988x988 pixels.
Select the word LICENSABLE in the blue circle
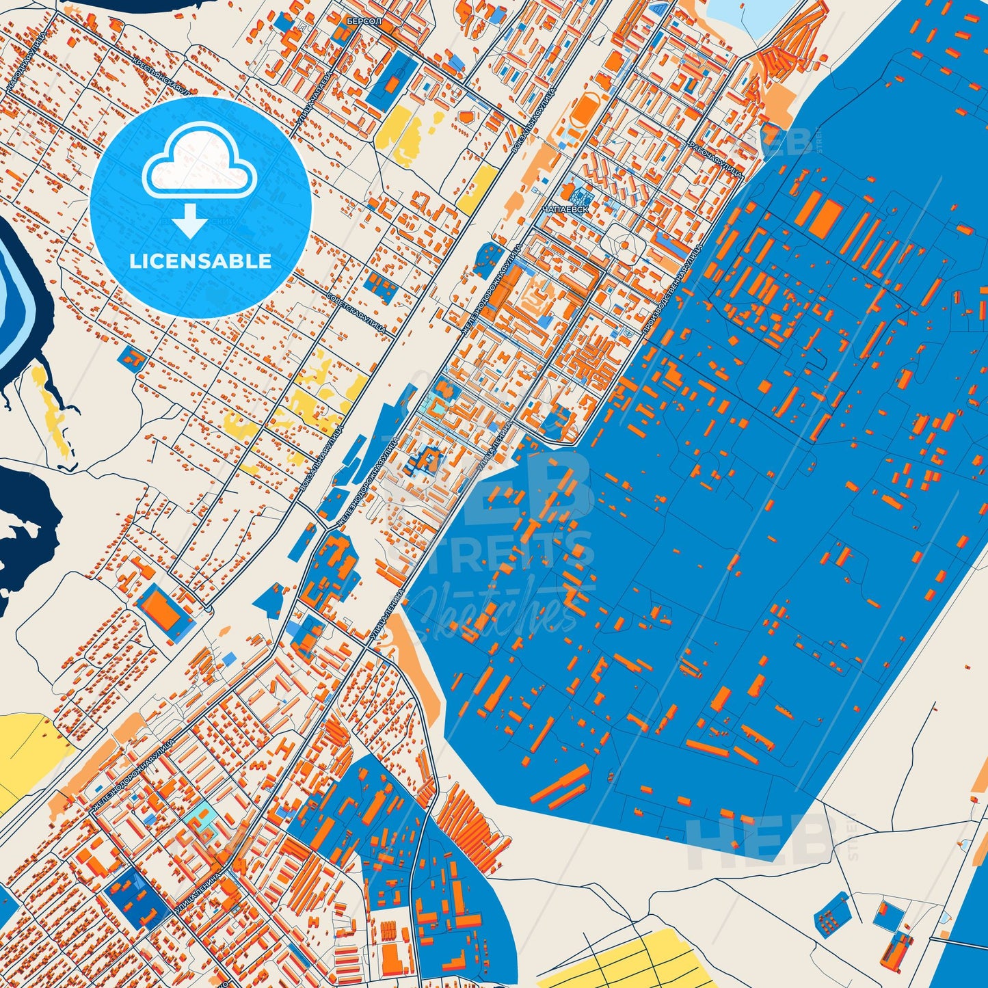click(201, 261)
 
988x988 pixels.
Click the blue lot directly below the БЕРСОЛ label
click(393, 79)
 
